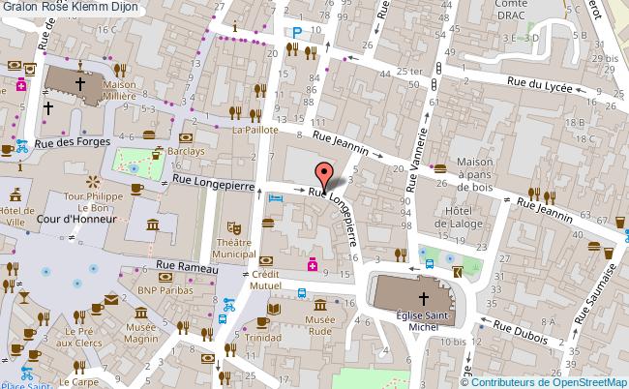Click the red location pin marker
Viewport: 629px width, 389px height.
(323, 174)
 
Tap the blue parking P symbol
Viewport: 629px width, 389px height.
(295, 33)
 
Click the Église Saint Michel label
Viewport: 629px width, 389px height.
(422, 320)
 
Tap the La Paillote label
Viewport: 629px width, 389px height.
(255, 129)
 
